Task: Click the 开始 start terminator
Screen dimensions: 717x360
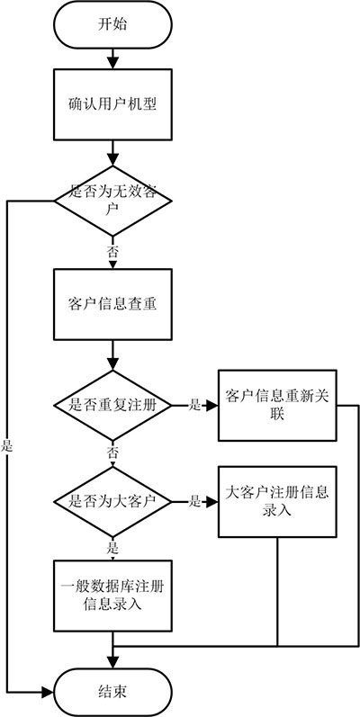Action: pos(112,25)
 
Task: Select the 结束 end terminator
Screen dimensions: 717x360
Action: pos(112,691)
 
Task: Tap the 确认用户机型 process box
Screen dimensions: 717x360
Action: pos(112,103)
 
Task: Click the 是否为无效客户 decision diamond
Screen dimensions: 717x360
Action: pos(112,200)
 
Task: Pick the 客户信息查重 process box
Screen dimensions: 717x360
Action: pos(112,302)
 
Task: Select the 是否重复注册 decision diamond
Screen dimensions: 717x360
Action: pos(112,405)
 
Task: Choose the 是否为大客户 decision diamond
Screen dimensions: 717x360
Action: pos(112,500)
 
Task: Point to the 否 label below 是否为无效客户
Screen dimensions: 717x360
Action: pos(112,251)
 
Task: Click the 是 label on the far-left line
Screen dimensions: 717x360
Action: pos(7,444)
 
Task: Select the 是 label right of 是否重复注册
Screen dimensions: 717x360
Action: pos(194,405)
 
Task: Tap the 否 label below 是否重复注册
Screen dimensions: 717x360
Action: pos(112,450)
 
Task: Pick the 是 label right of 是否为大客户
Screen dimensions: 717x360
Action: pos(194,500)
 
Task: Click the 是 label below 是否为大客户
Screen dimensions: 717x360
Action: pos(112,545)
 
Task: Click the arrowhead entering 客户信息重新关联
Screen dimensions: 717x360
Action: pos(212,405)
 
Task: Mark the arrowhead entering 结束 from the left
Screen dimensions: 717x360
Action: pos(50,691)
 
